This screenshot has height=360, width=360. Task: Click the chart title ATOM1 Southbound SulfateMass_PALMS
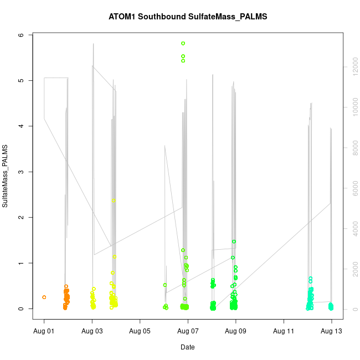point(188,17)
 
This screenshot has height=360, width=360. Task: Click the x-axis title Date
point(188,347)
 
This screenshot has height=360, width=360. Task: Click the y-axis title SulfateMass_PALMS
point(5,176)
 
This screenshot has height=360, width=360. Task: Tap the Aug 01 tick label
point(44,331)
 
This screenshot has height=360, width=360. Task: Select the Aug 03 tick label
point(92,331)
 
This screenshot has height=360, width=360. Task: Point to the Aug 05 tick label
point(140,331)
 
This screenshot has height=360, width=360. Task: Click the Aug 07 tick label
point(188,331)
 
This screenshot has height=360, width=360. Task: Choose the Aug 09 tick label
point(236,331)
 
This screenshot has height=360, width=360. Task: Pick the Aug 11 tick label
point(284,331)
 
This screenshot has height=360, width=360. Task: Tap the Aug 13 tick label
point(332,331)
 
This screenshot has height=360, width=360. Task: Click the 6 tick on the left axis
point(22,35)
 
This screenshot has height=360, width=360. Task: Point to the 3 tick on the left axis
point(22,172)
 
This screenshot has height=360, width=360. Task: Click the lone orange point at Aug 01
point(44,297)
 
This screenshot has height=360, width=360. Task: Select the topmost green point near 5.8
point(183,43)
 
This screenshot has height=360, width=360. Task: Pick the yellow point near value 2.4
point(114,200)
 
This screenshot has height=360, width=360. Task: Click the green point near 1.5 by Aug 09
point(234,241)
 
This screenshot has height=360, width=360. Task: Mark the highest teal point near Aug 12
point(311,279)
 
